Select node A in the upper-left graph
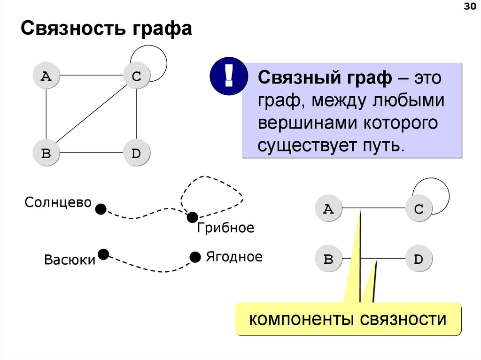(x=46, y=76)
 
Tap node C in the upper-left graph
(x=136, y=76)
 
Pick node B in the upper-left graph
(x=46, y=153)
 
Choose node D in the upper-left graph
(x=136, y=153)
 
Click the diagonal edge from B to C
(x=91, y=114)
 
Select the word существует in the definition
(x=301, y=145)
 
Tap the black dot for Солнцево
(x=101, y=209)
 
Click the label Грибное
(x=225, y=228)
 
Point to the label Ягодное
(x=234, y=257)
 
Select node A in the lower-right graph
(x=328, y=209)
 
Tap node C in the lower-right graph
(x=419, y=209)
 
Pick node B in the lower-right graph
(x=328, y=259)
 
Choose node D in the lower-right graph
(x=419, y=259)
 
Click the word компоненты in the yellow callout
(x=303, y=320)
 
